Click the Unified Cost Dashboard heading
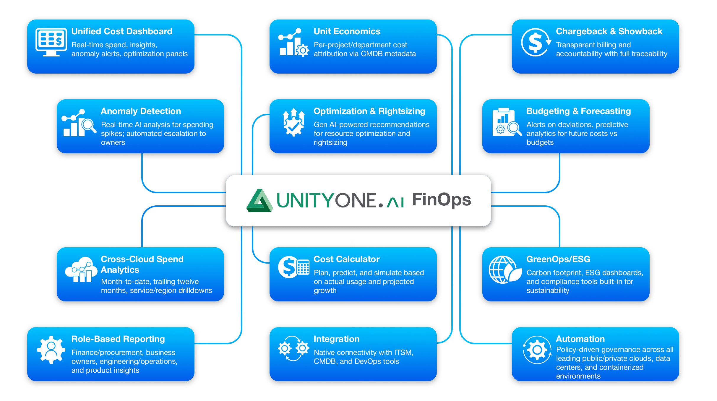point(122,31)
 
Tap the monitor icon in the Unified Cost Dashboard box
point(51,42)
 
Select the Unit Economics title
point(347,31)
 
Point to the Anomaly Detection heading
point(141,111)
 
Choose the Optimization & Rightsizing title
point(369,111)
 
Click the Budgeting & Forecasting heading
point(578,111)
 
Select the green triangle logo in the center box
point(259,201)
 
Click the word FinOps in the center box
point(441,200)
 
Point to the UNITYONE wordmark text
point(326,200)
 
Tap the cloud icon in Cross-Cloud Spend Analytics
point(81,270)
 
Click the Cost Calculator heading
point(346,259)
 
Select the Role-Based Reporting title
point(118,339)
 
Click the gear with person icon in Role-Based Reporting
point(51,350)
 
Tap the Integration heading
point(336,339)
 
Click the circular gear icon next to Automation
point(537,350)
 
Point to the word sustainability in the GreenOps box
point(548,290)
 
